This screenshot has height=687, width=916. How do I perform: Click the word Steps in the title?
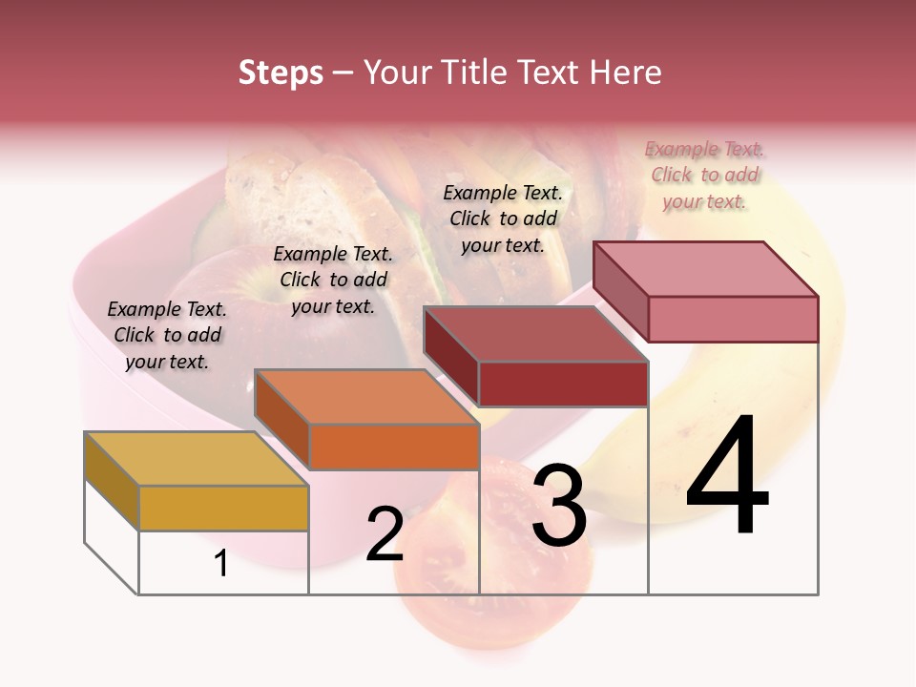[x=281, y=73]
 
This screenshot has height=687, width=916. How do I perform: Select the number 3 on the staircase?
[x=558, y=507]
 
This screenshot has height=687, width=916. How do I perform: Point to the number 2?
[x=385, y=534]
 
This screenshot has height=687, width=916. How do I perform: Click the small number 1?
[x=221, y=564]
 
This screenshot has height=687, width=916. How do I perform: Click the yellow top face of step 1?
[x=196, y=458]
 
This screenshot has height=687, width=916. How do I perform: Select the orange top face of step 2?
[x=366, y=396]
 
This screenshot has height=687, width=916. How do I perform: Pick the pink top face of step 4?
[x=706, y=268]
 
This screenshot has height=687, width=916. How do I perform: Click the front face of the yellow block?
[x=223, y=508]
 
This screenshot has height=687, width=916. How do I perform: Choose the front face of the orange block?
[x=394, y=447]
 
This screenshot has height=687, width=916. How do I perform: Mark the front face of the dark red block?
[x=563, y=384]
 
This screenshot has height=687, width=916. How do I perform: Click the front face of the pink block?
[x=733, y=319]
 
